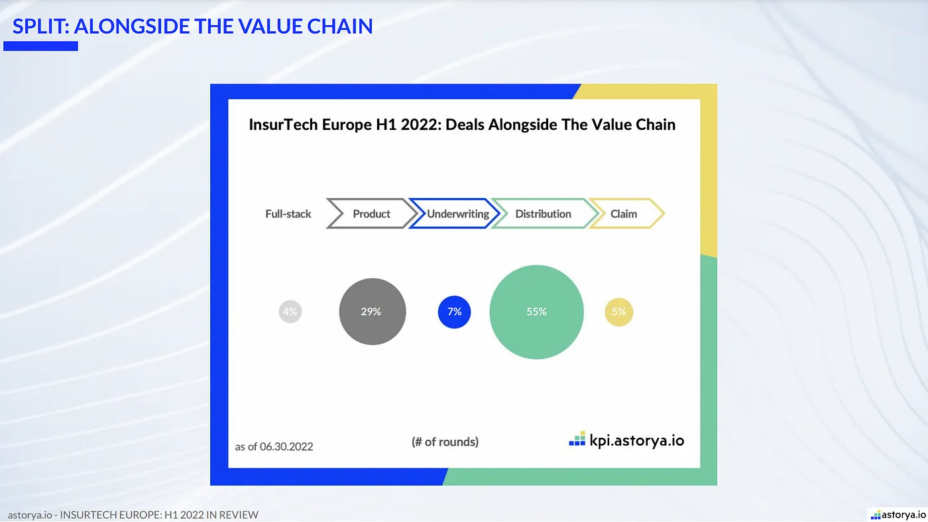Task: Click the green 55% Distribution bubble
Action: coord(536,312)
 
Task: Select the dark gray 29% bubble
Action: coord(372,312)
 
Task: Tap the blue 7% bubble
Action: coord(454,312)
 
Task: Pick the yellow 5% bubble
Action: coord(618,312)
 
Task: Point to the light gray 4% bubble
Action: coord(290,311)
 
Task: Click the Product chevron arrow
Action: coord(372,214)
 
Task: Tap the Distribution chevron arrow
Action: coord(543,214)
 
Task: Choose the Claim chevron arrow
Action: coord(624,214)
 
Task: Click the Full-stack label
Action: coord(288,214)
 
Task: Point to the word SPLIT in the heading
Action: coord(39,26)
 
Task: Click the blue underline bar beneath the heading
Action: coord(40,46)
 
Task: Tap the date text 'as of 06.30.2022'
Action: coord(274,446)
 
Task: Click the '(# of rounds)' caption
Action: coord(445,442)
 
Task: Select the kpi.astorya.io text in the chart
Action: coord(636,440)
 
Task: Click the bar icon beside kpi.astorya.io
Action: coord(577,439)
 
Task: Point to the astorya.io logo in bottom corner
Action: coord(898,515)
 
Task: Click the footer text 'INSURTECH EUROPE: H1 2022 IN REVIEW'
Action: coord(159,515)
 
